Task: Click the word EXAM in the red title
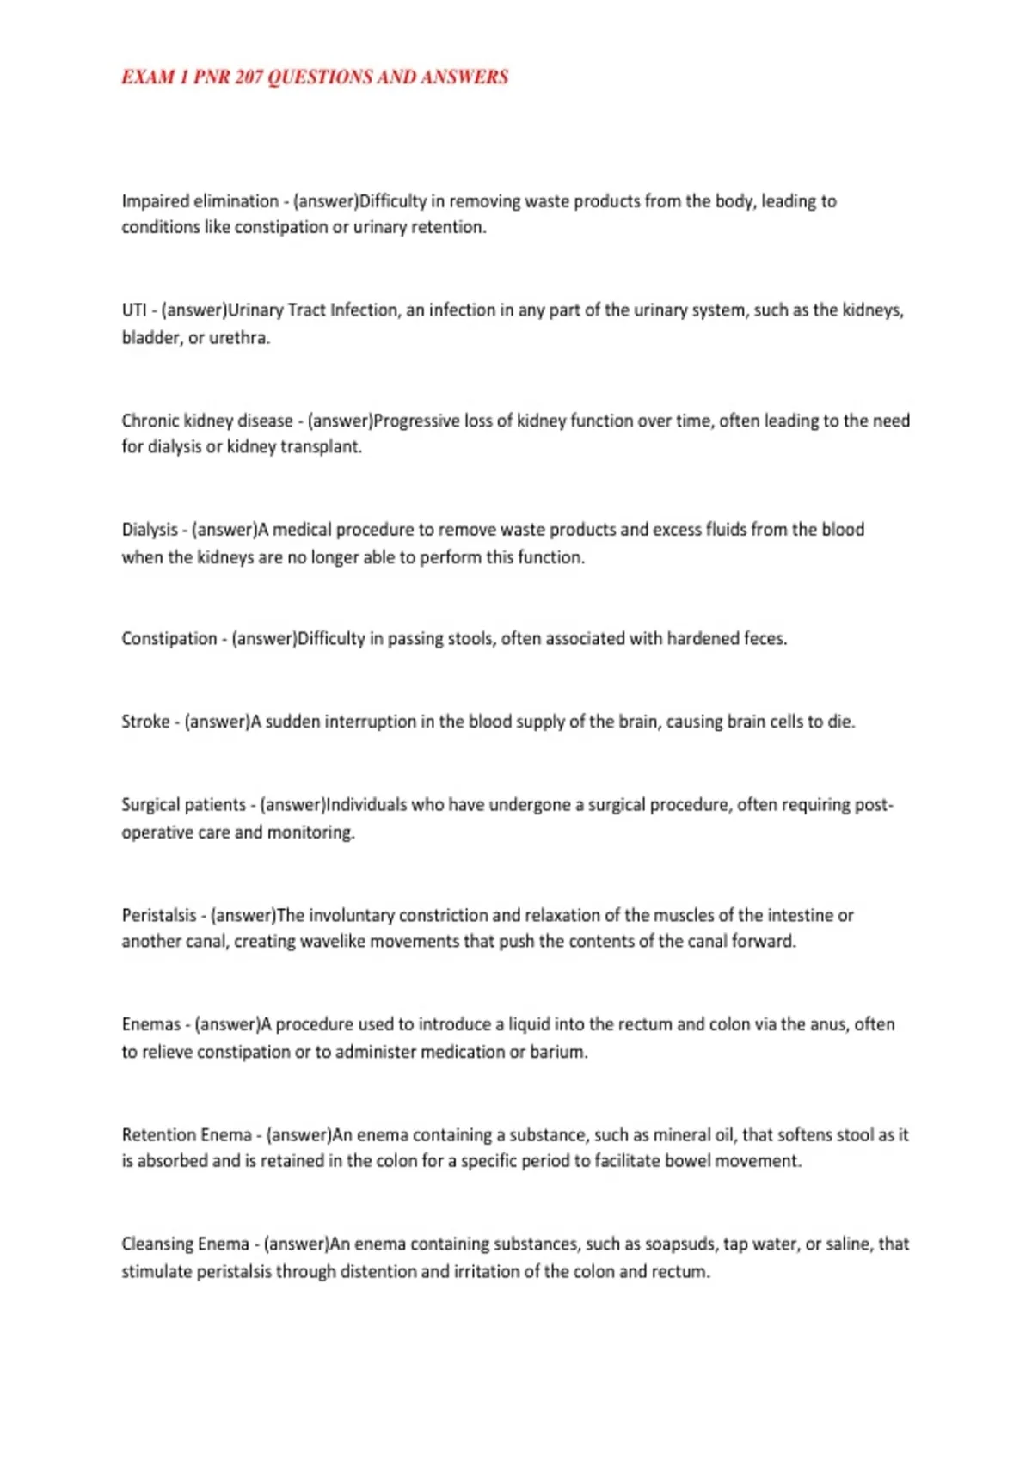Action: point(148,77)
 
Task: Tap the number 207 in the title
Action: point(249,77)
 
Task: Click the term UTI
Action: point(133,310)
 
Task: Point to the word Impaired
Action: point(155,201)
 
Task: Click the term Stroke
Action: point(145,722)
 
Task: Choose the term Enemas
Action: point(150,1024)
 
